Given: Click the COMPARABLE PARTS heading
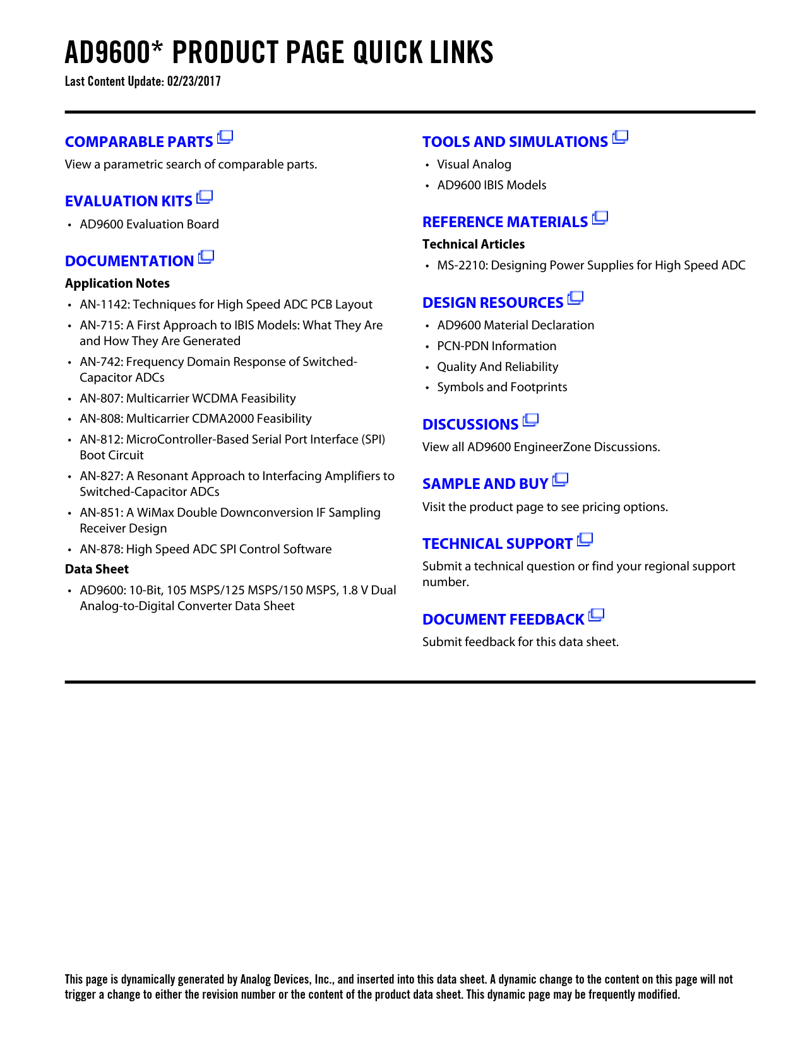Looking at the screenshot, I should [139, 142].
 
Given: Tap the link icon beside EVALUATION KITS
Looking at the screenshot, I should [205, 197].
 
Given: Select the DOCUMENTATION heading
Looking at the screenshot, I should [129, 261].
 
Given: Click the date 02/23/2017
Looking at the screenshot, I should [194, 81].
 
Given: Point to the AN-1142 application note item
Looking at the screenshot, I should [226, 305].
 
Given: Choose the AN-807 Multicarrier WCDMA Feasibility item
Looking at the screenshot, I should [188, 399].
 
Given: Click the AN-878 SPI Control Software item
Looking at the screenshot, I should [205, 550].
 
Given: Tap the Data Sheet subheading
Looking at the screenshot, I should [97, 570].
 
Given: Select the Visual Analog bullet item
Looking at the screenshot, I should [474, 165].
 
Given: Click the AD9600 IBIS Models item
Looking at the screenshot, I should [491, 185].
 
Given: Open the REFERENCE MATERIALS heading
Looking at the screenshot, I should [505, 222].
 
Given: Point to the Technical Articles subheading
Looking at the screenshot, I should [474, 244].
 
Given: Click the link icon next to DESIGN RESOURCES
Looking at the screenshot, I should [575, 298].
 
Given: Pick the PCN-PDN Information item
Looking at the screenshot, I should [496, 346].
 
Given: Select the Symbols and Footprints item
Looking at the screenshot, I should [502, 387].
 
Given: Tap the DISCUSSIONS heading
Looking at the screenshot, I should [470, 425].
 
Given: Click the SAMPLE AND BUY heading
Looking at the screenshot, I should [485, 484].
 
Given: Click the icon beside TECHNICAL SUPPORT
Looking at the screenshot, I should [585, 539].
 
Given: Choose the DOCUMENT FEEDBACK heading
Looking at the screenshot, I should [503, 620].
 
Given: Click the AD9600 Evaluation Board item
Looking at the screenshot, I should [149, 225].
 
